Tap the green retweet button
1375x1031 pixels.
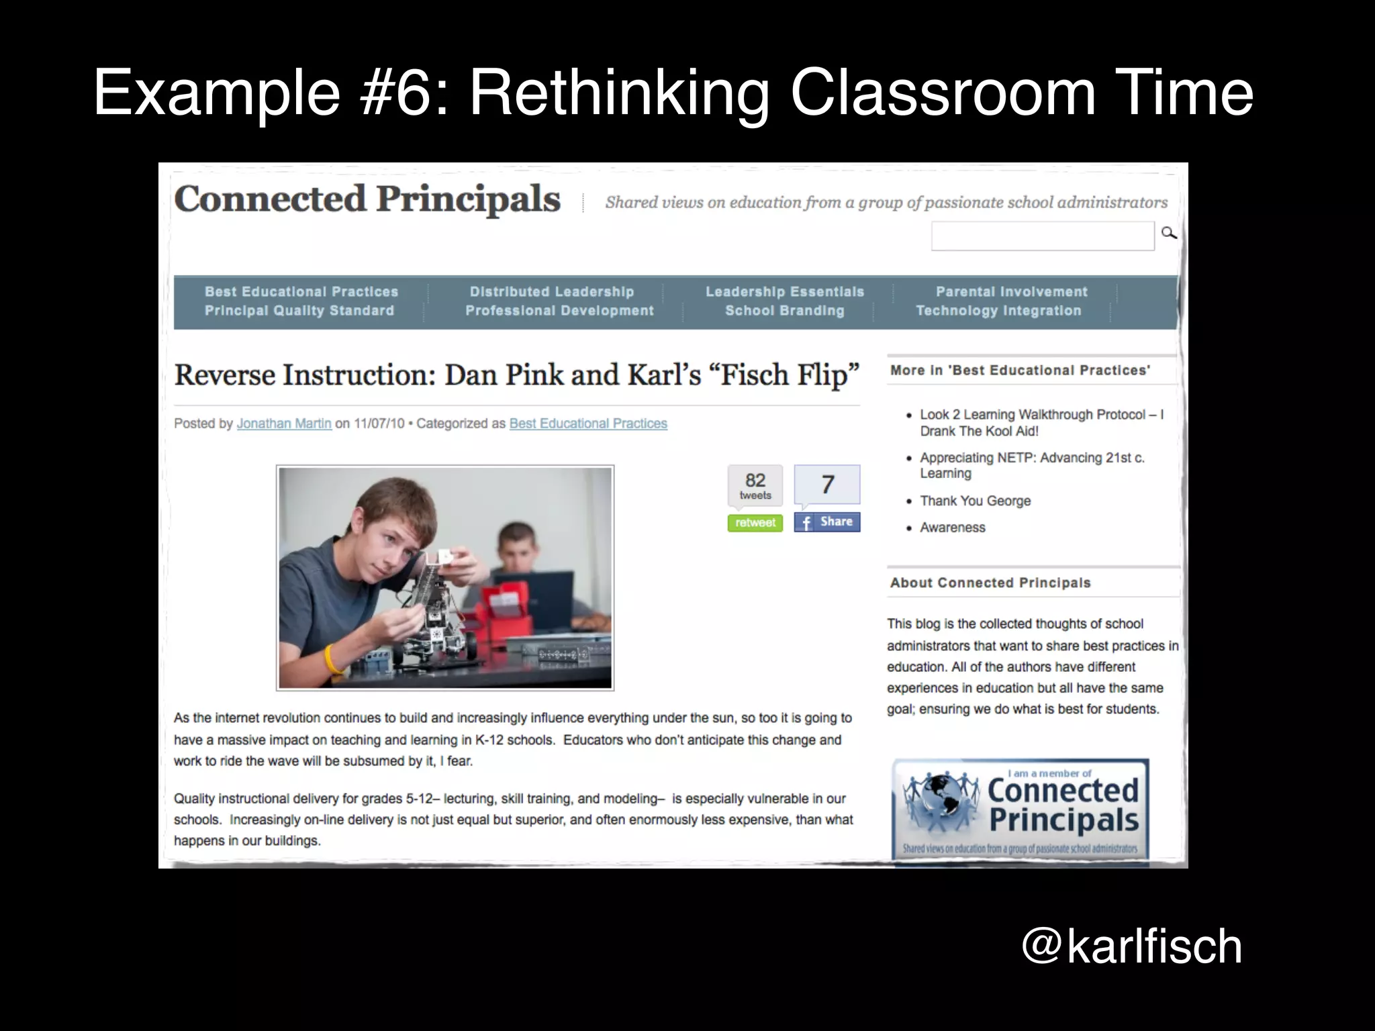click(x=755, y=523)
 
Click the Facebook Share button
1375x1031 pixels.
click(x=826, y=522)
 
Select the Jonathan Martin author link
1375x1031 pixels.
click(x=284, y=424)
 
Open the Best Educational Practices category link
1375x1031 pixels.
click(x=588, y=424)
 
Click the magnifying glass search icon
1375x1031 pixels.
click(x=1169, y=233)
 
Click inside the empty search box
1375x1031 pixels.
click(x=1042, y=236)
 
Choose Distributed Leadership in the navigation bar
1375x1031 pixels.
click(x=551, y=292)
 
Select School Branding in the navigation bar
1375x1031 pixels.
click(x=784, y=311)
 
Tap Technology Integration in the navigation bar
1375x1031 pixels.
click(x=998, y=311)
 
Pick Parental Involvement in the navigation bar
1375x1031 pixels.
click(x=1011, y=292)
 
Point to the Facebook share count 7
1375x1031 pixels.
click(x=827, y=485)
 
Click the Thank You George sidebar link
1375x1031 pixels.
click(x=975, y=501)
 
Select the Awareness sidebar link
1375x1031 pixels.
click(x=952, y=528)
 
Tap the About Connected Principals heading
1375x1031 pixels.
click(x=990, y=583)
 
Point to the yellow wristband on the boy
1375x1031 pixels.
click(x=332, y=658)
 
